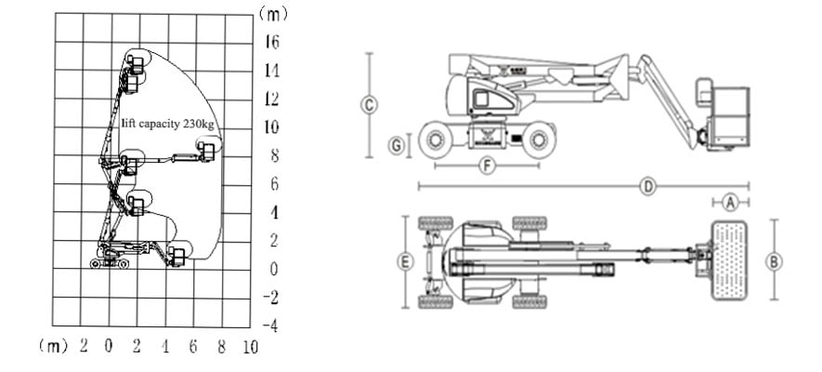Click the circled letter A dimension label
point(731,201)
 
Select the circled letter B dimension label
point(774,260)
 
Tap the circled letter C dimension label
point(370,105)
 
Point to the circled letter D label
point(648,186)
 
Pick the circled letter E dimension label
point(404,262)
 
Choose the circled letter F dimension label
point(485,166)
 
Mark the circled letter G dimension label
point(397,145)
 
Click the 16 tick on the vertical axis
point(272,41)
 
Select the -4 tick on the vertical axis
point(269,326)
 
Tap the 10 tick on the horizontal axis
point(249,347)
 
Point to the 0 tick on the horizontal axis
point(108,347)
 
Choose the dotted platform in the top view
point(732,260)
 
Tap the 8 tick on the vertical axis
point(274,155)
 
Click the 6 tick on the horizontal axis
point(192,347)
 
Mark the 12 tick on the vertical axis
point(272,99)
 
